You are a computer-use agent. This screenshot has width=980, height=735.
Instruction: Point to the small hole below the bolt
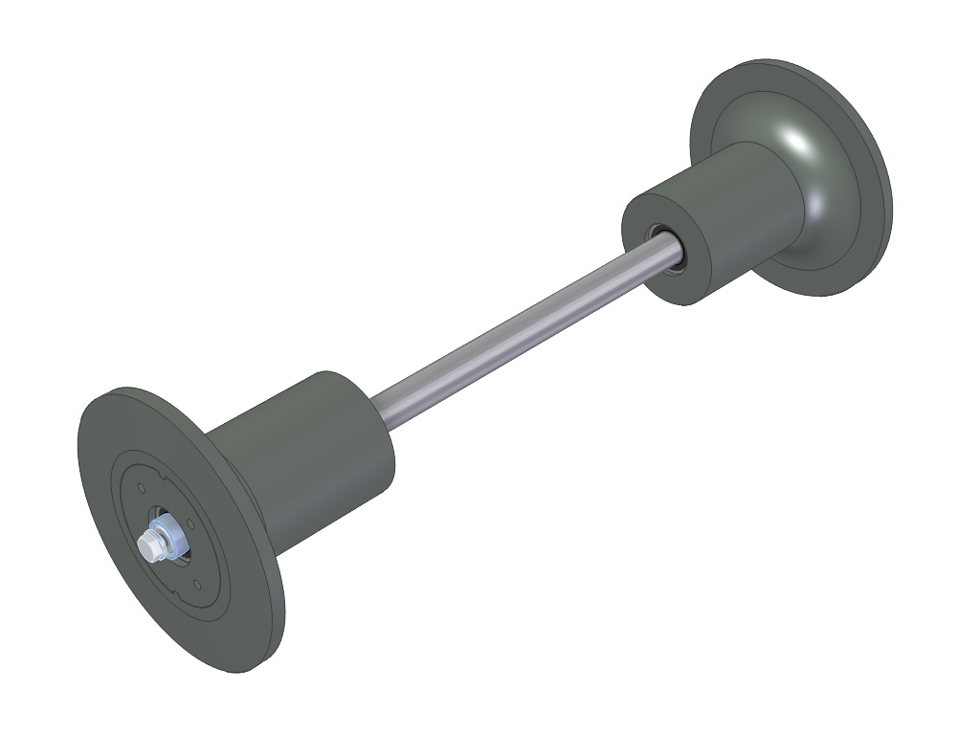tap(196, 583)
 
